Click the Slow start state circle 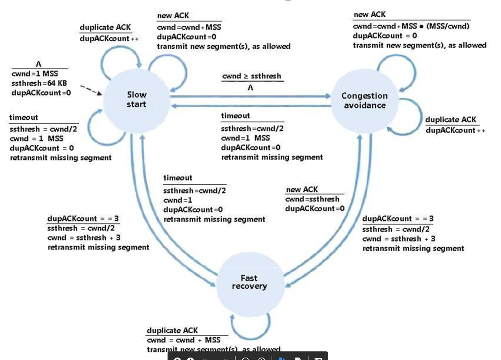click(136, 100)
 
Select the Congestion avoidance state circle click(364, 101)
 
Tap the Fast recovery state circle click(249, 282)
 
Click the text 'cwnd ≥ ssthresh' click(252, 77)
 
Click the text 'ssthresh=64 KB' click(39, 83)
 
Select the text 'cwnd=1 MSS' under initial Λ click(35, 74)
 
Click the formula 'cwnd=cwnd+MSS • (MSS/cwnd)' click(411, 26)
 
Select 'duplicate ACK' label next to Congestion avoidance click(451, 120)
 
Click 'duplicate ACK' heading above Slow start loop click(105, 27)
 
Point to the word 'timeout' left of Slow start click(24, 118)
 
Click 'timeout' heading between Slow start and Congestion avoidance click(235, 116)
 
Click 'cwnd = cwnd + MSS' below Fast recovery click(183, 340)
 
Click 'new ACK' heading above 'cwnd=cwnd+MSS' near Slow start click(173, 16)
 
